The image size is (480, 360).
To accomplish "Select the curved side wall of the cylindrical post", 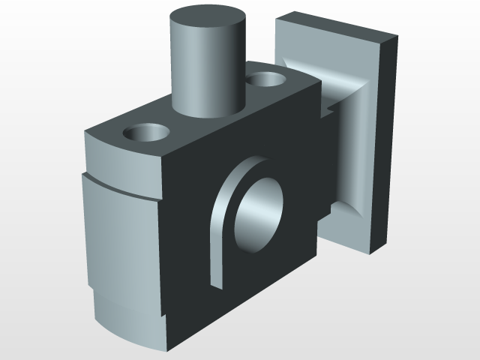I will coord(202,75).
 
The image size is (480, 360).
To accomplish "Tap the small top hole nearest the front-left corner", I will coord(145,133).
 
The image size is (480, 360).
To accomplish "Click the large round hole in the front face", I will coord(259,214).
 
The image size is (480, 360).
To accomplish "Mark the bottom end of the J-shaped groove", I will coord(216,283).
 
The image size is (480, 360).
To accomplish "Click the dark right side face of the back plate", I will coord(385,142).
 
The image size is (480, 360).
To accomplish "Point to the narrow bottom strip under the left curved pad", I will coord(127,322).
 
